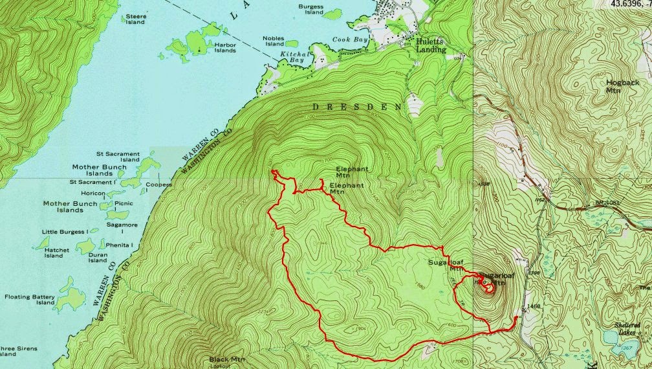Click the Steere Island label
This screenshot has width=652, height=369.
(135, 19)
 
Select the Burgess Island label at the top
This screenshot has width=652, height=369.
(310, 9)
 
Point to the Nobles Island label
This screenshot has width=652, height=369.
(273, 41)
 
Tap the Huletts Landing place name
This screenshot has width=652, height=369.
(430, 45)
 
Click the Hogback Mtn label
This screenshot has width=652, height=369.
(622, 87)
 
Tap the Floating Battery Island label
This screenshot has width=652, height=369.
(30, 299)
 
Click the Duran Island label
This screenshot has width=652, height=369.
(98, 258)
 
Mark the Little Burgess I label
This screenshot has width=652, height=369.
(64, 232)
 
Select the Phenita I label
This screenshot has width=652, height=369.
(119, 245)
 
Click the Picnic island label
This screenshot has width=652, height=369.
(123, 204)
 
